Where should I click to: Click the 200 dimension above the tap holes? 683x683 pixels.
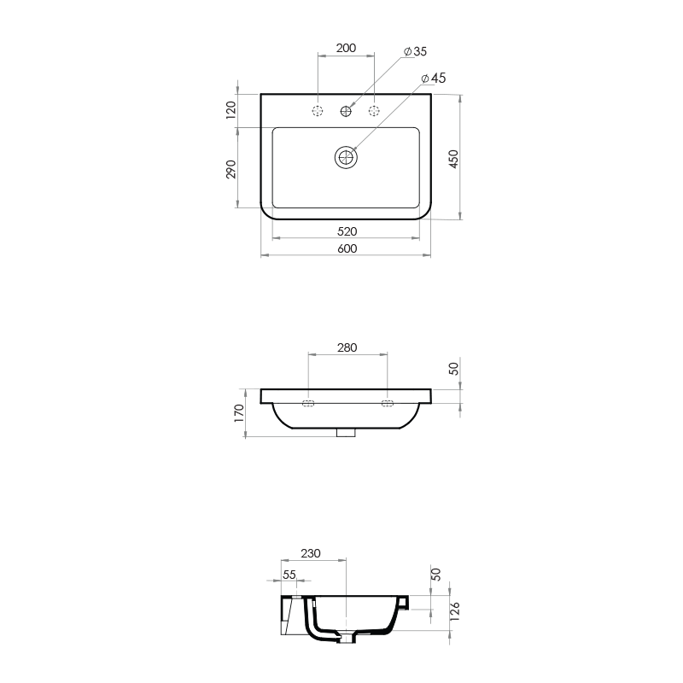[x=346, y=49]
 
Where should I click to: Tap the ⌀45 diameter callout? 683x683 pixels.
[x=434, y=78]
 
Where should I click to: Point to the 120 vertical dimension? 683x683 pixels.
[x=231, y=110]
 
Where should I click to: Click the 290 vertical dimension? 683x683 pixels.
[x=231, y=169]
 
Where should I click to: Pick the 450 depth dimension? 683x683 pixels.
[x=454, y=158]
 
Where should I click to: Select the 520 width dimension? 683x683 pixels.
[x=346, y=231]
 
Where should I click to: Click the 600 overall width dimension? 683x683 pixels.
[x=346, y=248]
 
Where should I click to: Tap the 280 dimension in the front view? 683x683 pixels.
[x=347, y=347]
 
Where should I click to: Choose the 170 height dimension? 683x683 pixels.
[x=240, y=413]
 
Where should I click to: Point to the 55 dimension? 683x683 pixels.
[x=289, y=575]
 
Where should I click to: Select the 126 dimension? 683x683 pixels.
[x=454, y=610]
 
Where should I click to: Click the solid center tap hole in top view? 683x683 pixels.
[x=347, y=111]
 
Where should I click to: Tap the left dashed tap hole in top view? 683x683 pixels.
[x=318, y=111]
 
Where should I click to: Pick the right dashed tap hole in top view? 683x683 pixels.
[x=374, y=111]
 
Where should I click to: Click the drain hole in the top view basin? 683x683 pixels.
[x=346, y=157]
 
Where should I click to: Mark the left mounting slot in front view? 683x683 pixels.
[x=308, y=403]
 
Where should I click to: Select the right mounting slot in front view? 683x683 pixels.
[x=387, y=403]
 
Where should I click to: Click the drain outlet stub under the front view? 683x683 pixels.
[x=346, y=433]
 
